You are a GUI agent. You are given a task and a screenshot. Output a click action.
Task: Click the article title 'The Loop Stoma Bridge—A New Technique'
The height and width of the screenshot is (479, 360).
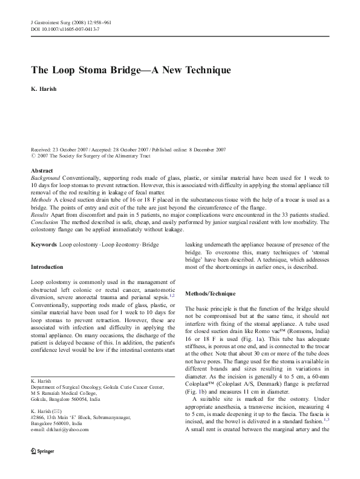(131, 70)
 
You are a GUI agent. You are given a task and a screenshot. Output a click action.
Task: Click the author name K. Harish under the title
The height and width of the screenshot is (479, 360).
(45, 88)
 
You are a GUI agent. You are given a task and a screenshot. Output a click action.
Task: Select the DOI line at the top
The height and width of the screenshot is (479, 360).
(65, 29)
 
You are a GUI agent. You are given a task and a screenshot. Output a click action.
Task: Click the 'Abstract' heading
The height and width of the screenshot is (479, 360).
(42, 171)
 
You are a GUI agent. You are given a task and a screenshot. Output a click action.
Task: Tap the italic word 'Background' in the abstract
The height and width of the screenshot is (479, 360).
(45, 178)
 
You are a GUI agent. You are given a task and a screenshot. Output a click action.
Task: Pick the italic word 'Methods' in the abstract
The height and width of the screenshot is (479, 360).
(41, 199)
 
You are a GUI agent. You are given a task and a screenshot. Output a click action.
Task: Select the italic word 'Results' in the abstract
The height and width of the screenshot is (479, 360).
(40, 214)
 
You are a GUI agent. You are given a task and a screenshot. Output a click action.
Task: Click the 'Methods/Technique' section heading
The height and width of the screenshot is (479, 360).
(210, 294)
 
